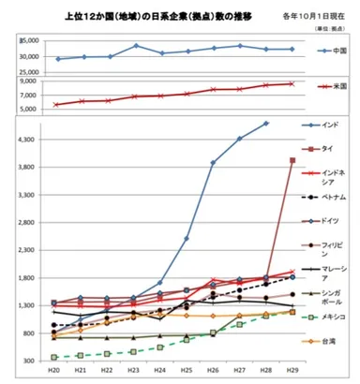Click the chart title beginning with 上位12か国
pos(149,16)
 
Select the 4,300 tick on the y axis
pos(30,140)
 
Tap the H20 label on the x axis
pos(53,372)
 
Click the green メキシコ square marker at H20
pos(53,357)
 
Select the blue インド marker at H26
pos(213,163)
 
